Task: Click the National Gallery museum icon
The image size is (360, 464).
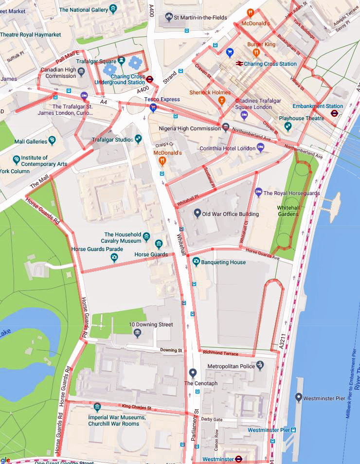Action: [113, 9]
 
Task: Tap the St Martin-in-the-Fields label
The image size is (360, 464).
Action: [200, 18]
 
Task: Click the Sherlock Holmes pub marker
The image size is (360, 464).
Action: [222, 101]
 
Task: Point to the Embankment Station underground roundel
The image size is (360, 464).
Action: [334, 113]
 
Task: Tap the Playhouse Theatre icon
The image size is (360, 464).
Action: [288, 126]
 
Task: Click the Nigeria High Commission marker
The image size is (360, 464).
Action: [226, 128]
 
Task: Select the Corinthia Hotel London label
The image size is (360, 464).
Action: [227, 148]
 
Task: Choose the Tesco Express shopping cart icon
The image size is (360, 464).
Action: [153, 107]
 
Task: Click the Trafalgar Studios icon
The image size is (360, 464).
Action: [139, 139]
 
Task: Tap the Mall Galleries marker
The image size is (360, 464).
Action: [52, 142]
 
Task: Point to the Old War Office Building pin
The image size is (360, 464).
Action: [198, 214]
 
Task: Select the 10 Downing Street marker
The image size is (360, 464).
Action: [137, 333]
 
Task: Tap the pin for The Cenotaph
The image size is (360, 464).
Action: [193, 374]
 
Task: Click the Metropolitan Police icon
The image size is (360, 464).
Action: [260, 365]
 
